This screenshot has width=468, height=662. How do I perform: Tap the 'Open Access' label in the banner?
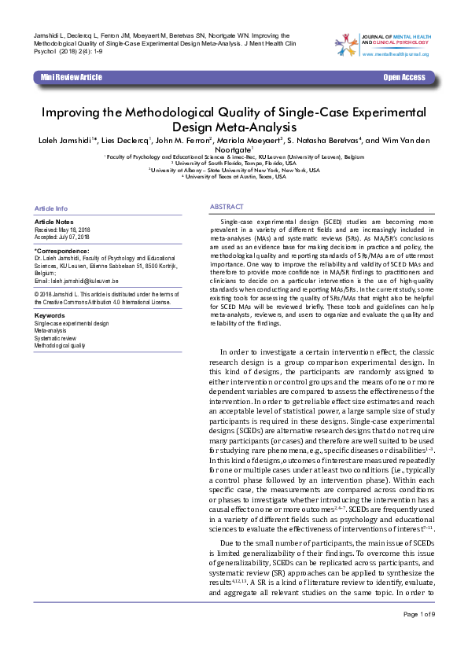pyautogui.click(x=404, y=77)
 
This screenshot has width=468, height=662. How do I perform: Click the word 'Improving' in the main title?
pyautogui.click(x=72, y=112)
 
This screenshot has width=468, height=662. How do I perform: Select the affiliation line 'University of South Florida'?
pyautogui.click(x=233, y=164)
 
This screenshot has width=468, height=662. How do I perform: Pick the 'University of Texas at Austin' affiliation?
pyautogui.click(x=234, y=176)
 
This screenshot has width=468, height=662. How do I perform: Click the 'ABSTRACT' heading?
pyautogui.click(x=226, y=206)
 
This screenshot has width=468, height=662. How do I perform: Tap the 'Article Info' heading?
pyautogui.click(x=51, y=208)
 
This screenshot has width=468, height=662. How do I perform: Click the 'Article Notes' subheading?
pyautogui.click(x=54, y=223)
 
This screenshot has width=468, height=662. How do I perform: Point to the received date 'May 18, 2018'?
pyautogui.click(x=76, y=230)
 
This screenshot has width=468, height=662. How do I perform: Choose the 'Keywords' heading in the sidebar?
pyautogui.click(x=50, y=314)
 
